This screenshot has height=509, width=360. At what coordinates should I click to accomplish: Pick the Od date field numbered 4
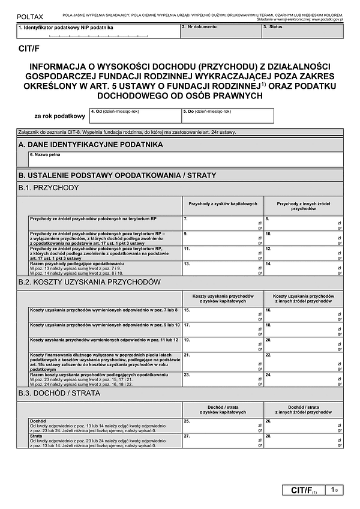pyautogui.click(x=135, y=115)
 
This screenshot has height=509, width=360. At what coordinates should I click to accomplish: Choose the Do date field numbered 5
pyautogui.click(x=227, y=115)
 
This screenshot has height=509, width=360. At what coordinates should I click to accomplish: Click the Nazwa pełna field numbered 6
pyautogui.click(x=186, y=159)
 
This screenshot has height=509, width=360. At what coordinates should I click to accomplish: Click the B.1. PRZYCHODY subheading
pyautogui.click(x=49, y=188)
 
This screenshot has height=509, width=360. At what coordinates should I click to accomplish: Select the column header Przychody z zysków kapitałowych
pyautogui.click(x=223, y=204)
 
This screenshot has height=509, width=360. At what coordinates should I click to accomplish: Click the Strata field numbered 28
pyautogui.click(x=303, y=441)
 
